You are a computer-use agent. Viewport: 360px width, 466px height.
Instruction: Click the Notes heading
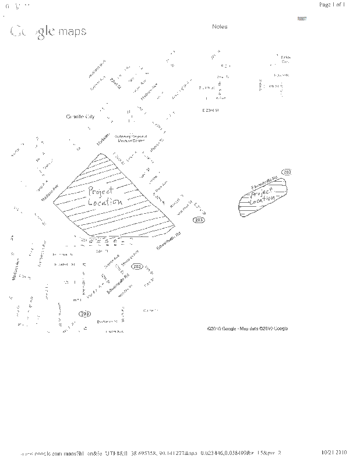tap(220, 27)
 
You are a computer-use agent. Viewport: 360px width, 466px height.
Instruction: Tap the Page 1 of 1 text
tap(333, 5)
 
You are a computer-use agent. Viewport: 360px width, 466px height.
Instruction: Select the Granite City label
tap(80, 116)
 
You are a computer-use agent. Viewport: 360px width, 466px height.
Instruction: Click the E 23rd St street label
tap(210, 110)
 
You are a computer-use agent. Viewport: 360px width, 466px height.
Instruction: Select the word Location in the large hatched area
tap(105, 202)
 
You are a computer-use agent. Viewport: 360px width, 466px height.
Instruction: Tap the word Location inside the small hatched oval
tap(262, 200)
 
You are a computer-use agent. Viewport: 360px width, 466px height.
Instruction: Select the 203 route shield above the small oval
tap(286, 172)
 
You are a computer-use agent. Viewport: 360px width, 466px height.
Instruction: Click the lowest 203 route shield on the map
tap(85, 313)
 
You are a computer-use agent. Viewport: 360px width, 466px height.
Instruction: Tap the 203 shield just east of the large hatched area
tap(199, 220)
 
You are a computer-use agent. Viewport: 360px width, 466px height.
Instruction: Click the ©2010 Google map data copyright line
tap(247, 329)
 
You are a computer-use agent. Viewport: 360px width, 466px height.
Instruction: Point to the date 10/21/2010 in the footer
tap(334, 452)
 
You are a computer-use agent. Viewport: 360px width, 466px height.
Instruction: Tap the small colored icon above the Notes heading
tap(302, 18)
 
